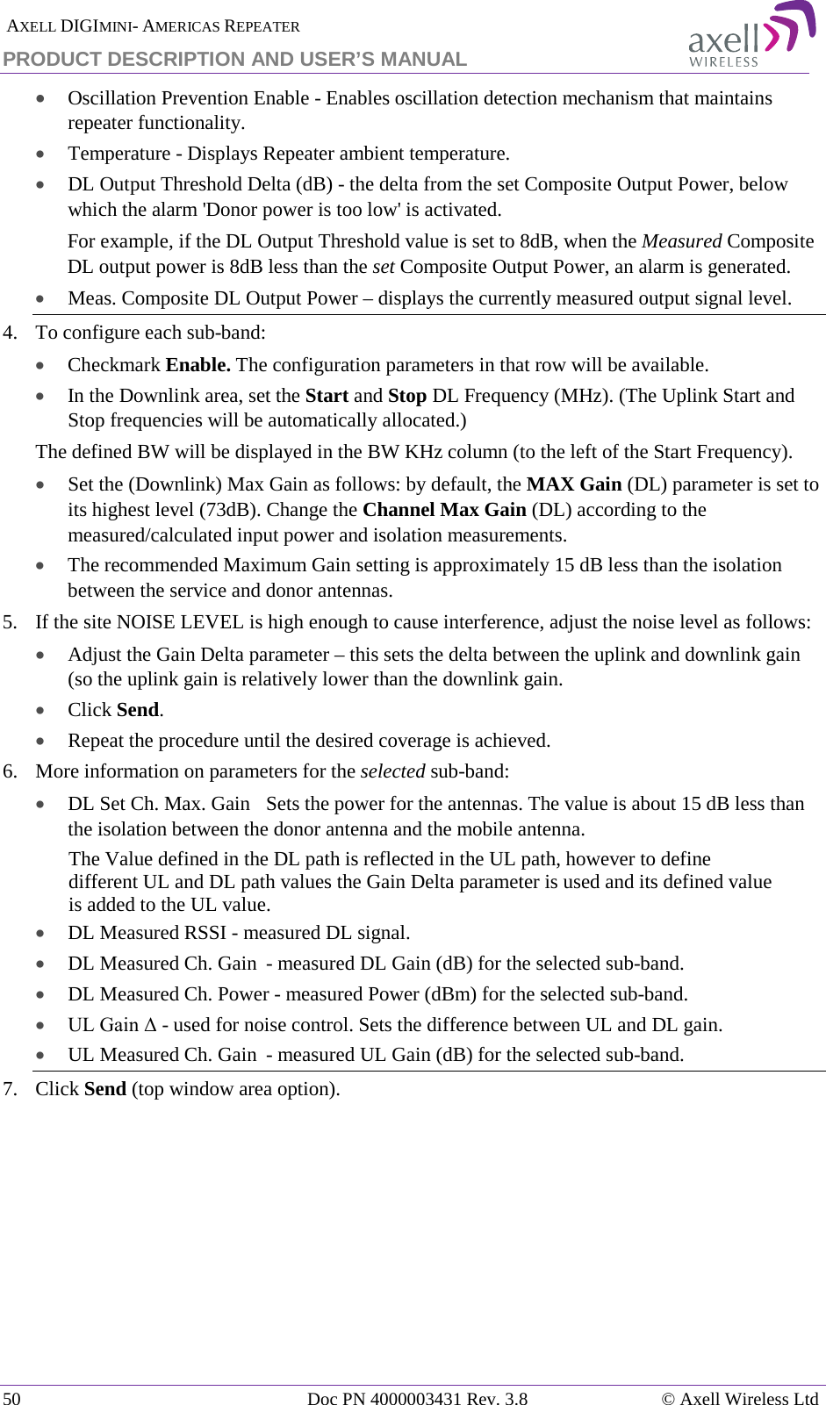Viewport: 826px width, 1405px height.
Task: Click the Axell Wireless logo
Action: pos(751,35)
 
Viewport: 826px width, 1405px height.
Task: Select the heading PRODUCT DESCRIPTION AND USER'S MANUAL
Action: pos(234,59)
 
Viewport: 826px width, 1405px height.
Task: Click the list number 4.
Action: pos(10,333)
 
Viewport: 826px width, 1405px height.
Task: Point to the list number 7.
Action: pos(10,1089)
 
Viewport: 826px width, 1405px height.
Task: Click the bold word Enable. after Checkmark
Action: pos(198,365)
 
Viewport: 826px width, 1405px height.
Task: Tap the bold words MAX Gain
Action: pos(574,484)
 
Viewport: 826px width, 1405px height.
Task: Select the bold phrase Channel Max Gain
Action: pos(444,510)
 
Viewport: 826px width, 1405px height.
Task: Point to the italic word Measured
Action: pos(681,241)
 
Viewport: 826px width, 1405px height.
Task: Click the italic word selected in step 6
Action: pos(392,771)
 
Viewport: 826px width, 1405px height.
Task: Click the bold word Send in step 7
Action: pos(105,1089)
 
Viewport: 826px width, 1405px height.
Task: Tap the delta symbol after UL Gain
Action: pos(150,1025)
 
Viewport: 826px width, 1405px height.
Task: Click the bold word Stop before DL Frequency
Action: pos(407,396)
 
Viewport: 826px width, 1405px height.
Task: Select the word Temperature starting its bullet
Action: pos(119,154)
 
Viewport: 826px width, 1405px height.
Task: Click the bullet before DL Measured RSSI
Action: pos(40,934)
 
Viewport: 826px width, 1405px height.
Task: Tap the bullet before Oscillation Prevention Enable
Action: pos(40,99)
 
